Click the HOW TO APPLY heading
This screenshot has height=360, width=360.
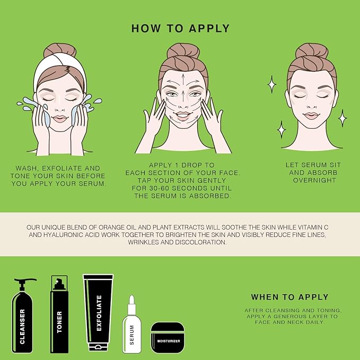tap(180, 28)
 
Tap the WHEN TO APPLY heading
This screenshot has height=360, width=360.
tap(289, 297)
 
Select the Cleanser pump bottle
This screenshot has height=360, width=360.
tap(23, 318)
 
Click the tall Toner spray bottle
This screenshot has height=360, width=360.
tap(59, 318)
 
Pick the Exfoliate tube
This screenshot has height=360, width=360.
tap(98, 313)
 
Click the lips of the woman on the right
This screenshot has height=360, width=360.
tap(312, 116)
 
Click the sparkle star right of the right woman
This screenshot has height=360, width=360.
tap(343, 117)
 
